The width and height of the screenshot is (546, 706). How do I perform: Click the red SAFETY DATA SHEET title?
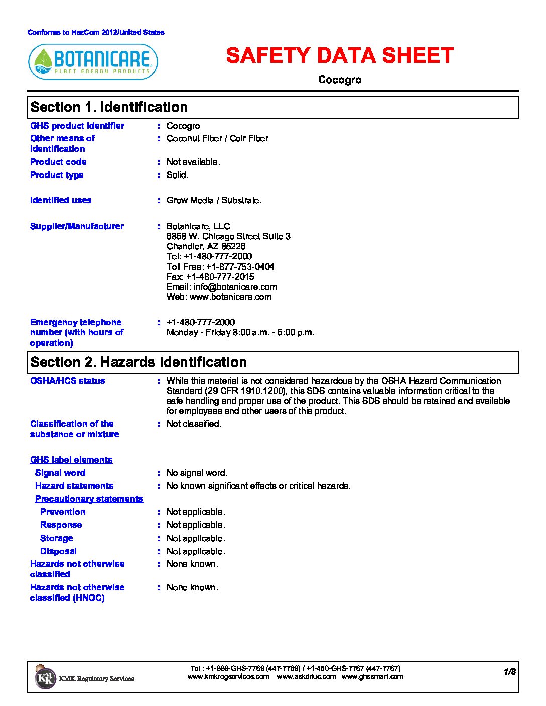[x=340, y=56]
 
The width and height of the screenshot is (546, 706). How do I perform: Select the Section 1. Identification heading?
[x=109, y=107]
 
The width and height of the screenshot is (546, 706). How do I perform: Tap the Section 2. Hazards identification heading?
[x=139, y=362]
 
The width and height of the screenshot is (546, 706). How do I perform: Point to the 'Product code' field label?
[x=58, y=162]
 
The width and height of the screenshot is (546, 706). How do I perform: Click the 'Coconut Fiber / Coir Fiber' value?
[x=217, y=138]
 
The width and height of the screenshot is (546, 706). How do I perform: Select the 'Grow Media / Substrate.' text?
[x=214, y=200]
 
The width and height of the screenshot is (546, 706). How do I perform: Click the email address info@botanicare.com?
[x=235, y=287]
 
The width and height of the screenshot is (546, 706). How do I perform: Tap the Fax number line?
[x=210, y=277]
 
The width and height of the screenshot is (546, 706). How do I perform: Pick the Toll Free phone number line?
[x=220, y=267]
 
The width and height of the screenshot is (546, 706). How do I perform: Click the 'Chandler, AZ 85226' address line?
[x=206, y=246]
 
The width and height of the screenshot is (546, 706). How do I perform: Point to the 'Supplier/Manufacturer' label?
[x=77, y=226]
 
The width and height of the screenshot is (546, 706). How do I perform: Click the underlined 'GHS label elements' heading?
[x=71, y=460]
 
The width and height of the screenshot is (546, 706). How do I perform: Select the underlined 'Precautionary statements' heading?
[x=89, y=499]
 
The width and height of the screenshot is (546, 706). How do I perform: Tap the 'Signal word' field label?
[x=60, y=473]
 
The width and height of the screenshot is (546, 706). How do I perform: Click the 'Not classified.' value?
[x=194, y=424]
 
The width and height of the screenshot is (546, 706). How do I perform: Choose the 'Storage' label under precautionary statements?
[x=57, y=538]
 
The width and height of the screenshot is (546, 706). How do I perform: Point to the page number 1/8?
[x=510, y=672]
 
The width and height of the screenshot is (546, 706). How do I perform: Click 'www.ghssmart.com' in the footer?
[x=372, y=676]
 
